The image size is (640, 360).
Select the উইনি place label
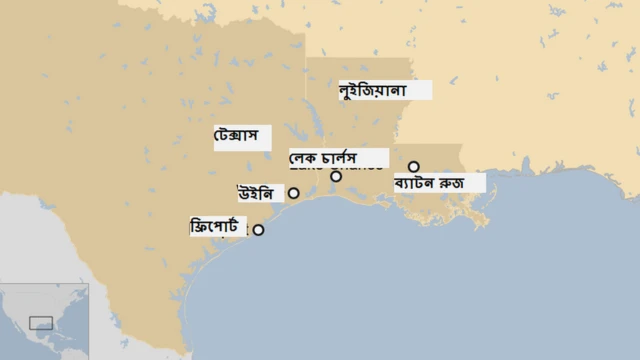[x=255, y=192]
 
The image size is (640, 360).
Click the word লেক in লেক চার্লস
[x=304, y=158]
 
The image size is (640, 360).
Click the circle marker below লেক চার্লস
[x=336, y=176]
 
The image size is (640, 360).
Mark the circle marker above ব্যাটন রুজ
[x=414, y=167]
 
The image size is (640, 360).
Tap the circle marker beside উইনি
[x=294, y=192]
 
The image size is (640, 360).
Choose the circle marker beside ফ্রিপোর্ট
[x=258, y=230]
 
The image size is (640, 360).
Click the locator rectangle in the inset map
[x=41, y=322]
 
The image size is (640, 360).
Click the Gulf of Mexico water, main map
[x=420, y=290]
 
